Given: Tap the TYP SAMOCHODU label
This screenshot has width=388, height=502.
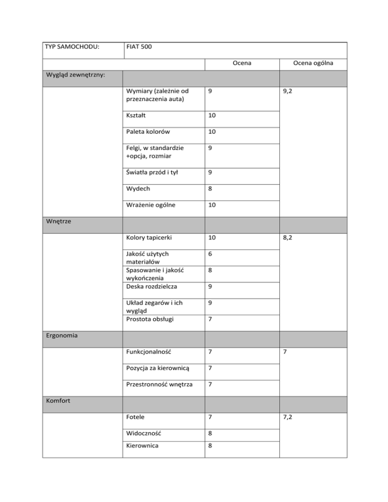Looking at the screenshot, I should click(71, 47).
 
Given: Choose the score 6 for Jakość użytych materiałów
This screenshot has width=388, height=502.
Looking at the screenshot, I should click(210, 255).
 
